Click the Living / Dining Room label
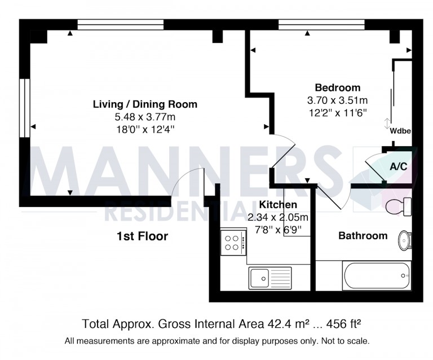tap(145, 104)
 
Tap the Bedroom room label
tap(337, 87)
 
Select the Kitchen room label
tap(278, 205)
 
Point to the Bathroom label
tap(363, 236)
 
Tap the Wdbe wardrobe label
tap(400, 131)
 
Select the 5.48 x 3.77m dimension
tap(145, 117)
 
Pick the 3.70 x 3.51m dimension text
tap(337, 100)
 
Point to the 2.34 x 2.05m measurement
tap(279, 217)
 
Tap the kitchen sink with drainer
tap(270, 278)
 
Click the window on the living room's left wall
tap(24, 107)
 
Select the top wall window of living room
tap(120, 25)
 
